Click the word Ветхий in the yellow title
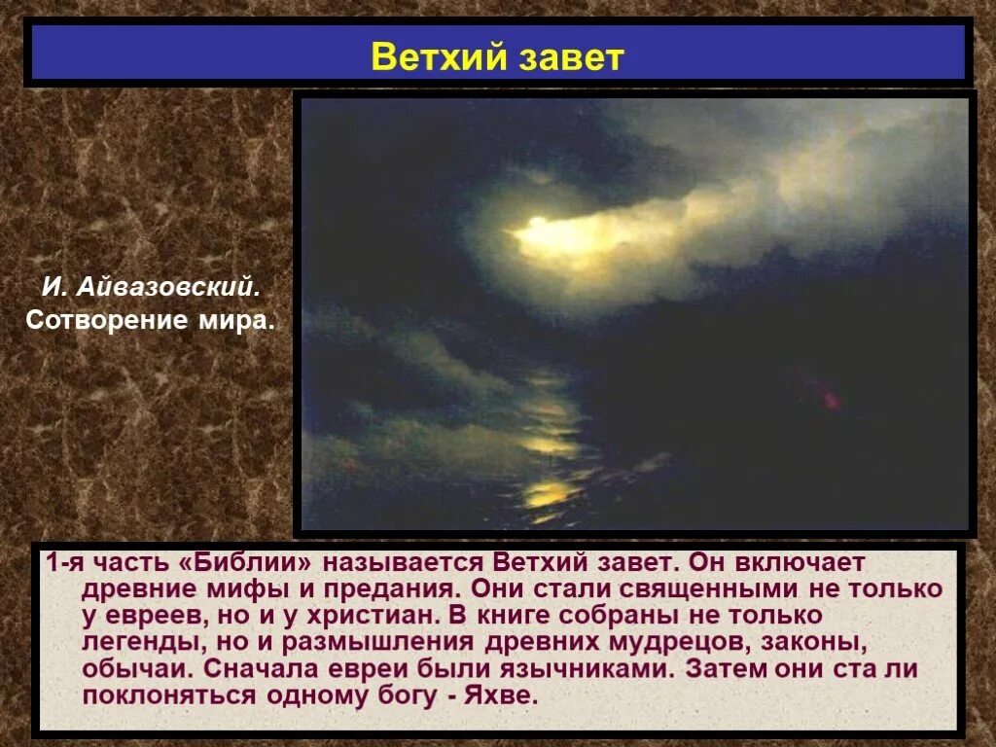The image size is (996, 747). click(439, 56)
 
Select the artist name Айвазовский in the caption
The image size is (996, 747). click(168, 288)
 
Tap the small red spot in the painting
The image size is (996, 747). click(831, 400)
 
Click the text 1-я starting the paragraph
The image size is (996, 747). click(65, 562)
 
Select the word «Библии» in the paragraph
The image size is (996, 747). click(246, 563)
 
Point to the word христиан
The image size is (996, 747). click(373, 616)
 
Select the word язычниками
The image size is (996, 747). click(585, 669)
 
